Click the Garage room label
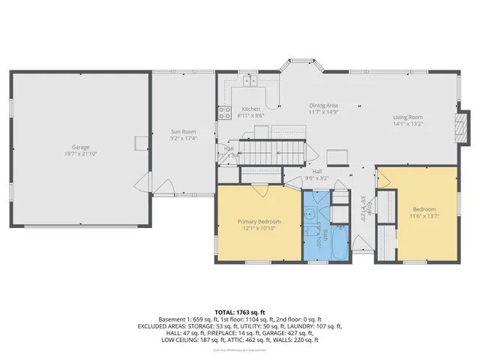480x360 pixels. [x=80, y=147]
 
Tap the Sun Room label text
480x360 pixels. [x=183, y=132]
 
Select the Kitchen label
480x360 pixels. [x=250, y=109]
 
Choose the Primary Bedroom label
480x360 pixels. [x=259, y=222]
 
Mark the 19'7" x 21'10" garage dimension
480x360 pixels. [x=80, y=154]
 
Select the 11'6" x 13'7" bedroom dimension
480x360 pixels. [x=424, y=216]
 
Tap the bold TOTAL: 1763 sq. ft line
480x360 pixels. [x=239, y=311]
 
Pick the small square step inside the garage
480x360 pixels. [x=141, y=143]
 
